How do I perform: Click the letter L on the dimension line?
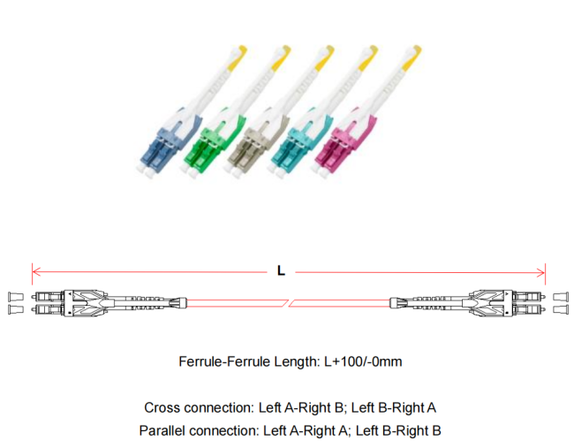point(281,270)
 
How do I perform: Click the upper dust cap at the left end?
point(15,297)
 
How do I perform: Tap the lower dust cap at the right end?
point(561,309)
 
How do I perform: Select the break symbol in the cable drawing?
point(289,303)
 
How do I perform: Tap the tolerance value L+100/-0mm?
point(363,361)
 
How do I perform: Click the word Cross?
point(162,407)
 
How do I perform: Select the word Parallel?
point(162,430)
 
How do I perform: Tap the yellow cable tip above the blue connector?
point(237,58)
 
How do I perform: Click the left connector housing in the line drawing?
point(87,303)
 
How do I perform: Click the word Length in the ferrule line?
point(298,361)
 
